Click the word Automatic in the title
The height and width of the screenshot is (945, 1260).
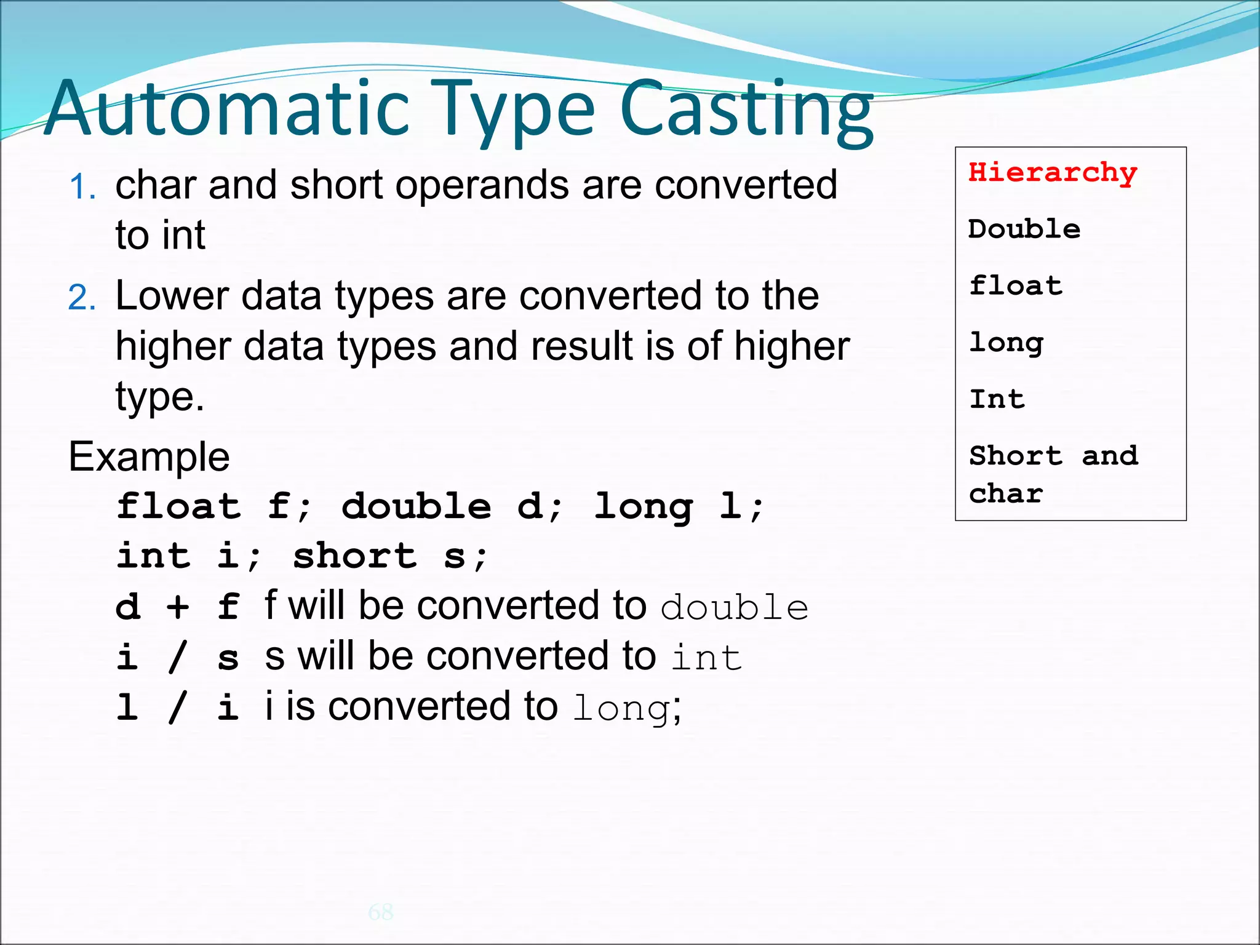click(228, 111)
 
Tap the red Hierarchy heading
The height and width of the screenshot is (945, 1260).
click(1053, 173)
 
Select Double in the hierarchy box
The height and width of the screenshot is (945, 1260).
click(1024, 229)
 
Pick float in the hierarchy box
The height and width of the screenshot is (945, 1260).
click(1016, 286)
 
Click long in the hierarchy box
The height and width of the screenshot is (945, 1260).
click(1007, 343)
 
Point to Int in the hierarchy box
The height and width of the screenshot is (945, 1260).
click(997, 400)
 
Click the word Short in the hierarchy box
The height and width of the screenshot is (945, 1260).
click(1016, 457)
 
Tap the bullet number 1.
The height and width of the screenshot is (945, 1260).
click(82, 187)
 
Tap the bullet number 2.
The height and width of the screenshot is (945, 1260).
click(82, 298)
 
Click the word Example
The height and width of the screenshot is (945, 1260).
click(149, 457)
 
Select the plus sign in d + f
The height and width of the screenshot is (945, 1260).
click(178, 607)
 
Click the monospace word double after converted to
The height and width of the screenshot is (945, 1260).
click(734, 608)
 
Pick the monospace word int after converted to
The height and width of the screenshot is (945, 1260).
click(706, 658)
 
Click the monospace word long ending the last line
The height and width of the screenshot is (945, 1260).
click(621, 709)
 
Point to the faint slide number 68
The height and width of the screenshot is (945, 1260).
click(381, 912)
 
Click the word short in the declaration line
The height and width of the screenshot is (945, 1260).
click(355, 556)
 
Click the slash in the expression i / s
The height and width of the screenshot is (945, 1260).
click(178, 657)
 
